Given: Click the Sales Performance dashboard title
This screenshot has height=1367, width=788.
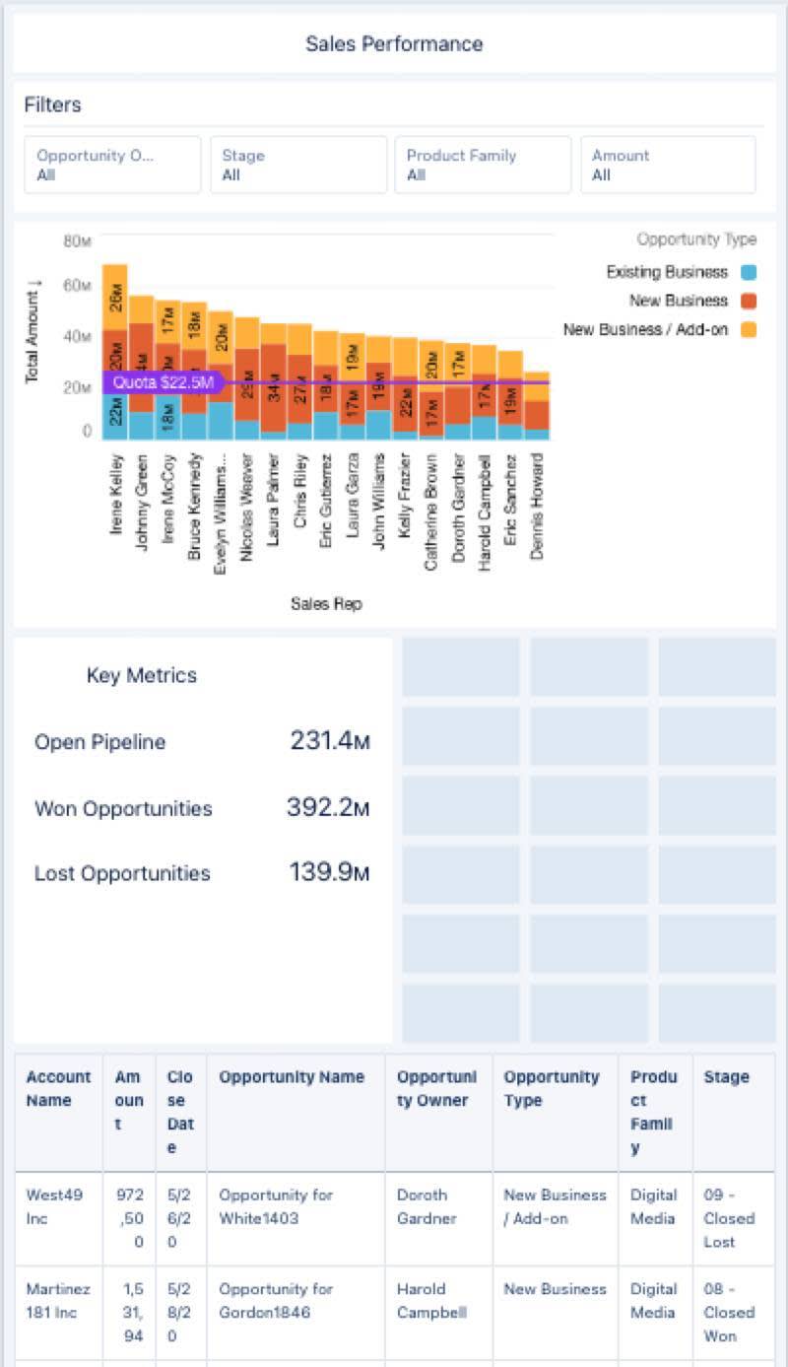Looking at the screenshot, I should [394, 44].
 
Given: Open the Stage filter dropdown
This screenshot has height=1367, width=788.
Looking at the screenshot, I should [297, 165].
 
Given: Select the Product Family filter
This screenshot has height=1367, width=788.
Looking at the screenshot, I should [482, 165].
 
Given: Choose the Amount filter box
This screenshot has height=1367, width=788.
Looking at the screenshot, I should [667, 165].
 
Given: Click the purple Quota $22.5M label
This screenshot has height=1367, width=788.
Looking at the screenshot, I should [163, 382].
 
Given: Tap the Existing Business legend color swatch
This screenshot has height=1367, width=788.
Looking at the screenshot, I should [748, 273].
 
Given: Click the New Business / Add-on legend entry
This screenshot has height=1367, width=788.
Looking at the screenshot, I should [645, 329].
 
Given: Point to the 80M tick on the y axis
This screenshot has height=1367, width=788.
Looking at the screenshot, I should [77, 241].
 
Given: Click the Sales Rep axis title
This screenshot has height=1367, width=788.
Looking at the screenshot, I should [326, 604].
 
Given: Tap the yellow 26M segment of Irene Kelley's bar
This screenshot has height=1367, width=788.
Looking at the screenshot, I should [115, 297].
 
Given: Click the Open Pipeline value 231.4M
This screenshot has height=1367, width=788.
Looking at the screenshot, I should [329, 741].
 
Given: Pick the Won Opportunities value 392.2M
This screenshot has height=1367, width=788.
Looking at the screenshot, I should [328, 808].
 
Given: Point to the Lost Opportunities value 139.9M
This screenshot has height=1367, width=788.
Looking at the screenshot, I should [329, 873].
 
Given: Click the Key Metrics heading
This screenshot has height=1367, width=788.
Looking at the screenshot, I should [142, 675].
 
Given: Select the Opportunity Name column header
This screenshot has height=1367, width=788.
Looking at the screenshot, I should [292, 1077].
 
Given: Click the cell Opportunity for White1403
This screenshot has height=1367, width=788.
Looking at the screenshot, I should [276, 1206].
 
